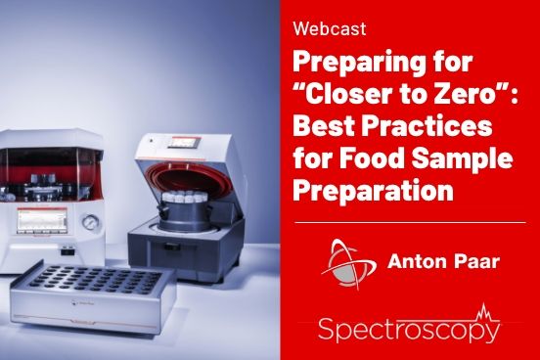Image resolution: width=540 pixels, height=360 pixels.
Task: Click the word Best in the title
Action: [326, 130]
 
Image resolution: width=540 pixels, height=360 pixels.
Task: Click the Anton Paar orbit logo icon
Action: [340, 261]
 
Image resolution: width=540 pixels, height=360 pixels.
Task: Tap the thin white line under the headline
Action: [409, 223]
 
